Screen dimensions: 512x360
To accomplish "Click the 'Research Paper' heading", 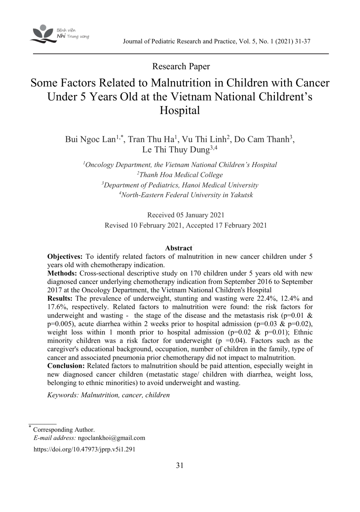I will [181, 66].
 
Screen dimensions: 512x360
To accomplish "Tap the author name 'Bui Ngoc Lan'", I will [90, 139].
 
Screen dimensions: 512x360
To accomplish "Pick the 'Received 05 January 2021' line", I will [186, 215].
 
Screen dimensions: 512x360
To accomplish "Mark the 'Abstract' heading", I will [178, 248].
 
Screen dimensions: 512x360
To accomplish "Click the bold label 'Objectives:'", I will [65, 256].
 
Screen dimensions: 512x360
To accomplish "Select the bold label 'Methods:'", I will [62, 273].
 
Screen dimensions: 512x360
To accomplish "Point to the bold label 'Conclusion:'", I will [66, 366].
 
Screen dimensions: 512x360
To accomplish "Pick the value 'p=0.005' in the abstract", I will [58, 324].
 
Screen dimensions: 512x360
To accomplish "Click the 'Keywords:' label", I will [63, 395].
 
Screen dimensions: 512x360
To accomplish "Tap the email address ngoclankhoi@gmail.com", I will [111, 438].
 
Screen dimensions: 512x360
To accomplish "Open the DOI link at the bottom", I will [85, 450].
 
